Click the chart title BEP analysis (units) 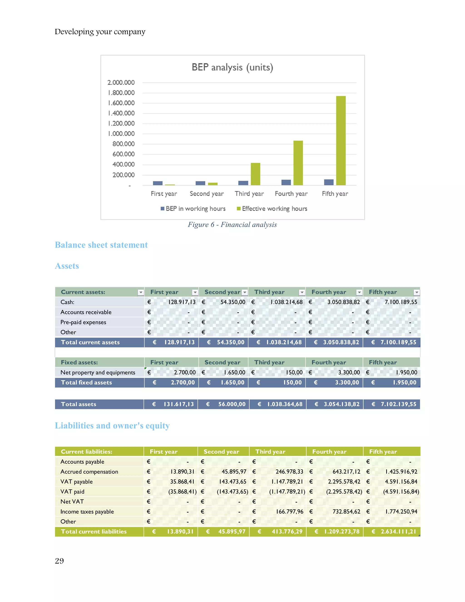(232, 67)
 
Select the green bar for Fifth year (341, 141)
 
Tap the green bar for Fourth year (298, 163)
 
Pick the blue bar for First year (158, 183)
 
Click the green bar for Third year (255, 174)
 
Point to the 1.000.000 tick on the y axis (121, 134)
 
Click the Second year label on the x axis (207, 194)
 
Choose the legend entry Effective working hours (274, 209)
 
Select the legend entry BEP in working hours (195, 209)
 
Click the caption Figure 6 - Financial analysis (232, 225)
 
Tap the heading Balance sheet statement (101, 245)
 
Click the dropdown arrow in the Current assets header (141, 292)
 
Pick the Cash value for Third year (287, 302)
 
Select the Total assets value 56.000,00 (232, 404)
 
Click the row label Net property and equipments (98, 372)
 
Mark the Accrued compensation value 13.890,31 (182, 472)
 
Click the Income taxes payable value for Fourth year (346, 512)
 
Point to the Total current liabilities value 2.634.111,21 (398, 531)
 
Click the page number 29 (59, 561)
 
